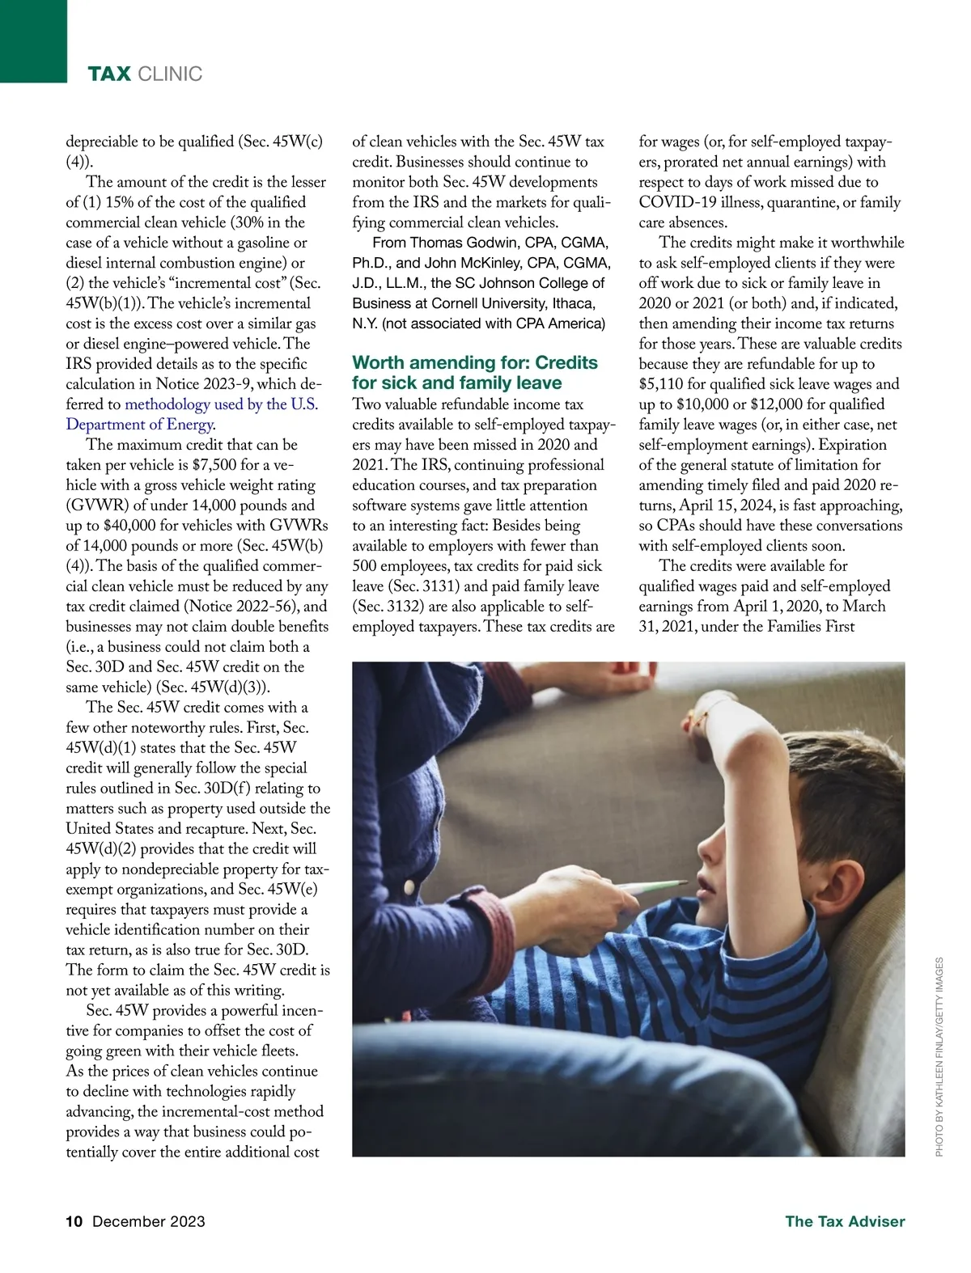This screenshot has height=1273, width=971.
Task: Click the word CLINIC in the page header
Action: coord(170,74)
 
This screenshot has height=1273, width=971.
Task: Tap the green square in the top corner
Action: coord(33,40)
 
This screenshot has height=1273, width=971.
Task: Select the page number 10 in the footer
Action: coord(74,1221)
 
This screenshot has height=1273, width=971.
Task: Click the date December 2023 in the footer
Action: coord(149,1221)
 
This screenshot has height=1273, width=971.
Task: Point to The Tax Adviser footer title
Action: coord(845,1221)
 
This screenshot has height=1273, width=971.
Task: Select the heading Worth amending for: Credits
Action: coord(475,362)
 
